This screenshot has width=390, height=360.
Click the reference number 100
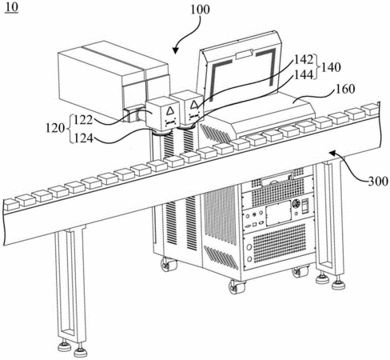pyautogui.click(x=200, y=10)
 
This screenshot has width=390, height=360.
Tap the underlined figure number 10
pyautogui.click(x=12, y=7)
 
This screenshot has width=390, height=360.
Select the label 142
pyautogui.click(x=304, y=60)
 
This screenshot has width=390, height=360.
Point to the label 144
pyautogui.click(x=304, y=75)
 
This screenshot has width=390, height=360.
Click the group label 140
pyautogui.click(x=331, y=67)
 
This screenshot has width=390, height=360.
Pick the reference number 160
pyautogui.click(x=345, y=89)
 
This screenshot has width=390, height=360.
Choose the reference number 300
pyautogui.click(x=378, y=182)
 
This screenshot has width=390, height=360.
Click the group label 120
pyautogui.click(x=55, y=129)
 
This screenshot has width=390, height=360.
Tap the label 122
pyautogui.click(x=83, y=120)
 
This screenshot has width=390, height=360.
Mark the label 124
pyautogui.click(x=83, y=138)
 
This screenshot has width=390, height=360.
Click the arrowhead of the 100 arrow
pyautogui.click(x=175, y=50)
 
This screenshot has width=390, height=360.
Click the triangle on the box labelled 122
pyautogui.click(x=169, y=111)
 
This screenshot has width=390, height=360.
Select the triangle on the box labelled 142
pyautogui.click(x=193, y=105)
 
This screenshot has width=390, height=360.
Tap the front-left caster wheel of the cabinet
pyautogui.click(x=169, y=265)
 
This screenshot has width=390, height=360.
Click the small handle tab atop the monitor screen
pyautogui.click(x=244, y=54)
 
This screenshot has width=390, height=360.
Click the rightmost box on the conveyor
pyautogui.click(x=370, y=110)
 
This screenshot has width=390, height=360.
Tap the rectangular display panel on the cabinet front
pyautogui.click(x=278, y=213)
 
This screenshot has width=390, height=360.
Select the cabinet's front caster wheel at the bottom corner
pyautogui.click(x=237, y=287)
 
